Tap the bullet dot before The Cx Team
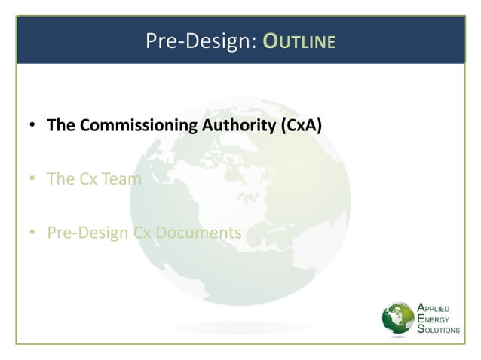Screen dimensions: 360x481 pos(32,180)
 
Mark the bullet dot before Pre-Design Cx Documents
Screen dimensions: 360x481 pos(32,233)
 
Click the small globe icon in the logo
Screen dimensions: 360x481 pos(399,319)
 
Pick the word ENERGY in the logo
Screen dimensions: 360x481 pos(437,319)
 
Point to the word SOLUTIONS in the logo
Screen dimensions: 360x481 pos(443,331)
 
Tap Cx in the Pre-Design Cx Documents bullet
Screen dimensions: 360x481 pos(142,233)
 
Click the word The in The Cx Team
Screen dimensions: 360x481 pos(60,179)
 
